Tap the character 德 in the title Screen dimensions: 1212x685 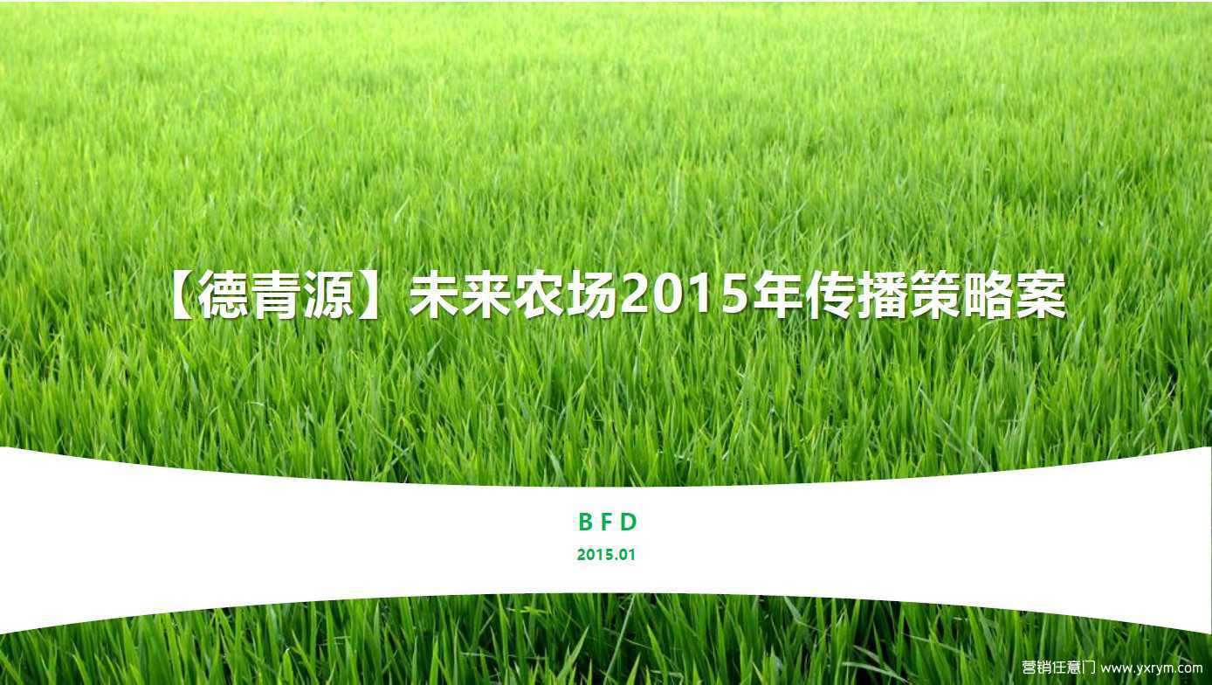coord(224,295)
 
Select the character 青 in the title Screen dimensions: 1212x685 coord(276,295)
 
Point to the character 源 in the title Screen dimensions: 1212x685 coord(329,295)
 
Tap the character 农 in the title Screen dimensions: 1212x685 coord(539,295)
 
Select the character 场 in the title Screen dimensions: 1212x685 coord(591,295)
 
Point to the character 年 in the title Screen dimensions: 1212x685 coord(777,295)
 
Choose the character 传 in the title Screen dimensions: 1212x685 coord(830,295)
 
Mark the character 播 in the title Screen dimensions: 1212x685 coord(883,295)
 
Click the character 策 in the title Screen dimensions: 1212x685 coord(935,295)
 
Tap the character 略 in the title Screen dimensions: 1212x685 coord(988,295)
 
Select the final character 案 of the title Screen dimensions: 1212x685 coord(1041,295)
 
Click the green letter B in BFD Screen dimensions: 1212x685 coord(585,522)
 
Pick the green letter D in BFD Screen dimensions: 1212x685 coord(629,522)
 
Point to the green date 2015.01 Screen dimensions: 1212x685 coord(606,555)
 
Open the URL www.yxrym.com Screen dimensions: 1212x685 coord(1152,668)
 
